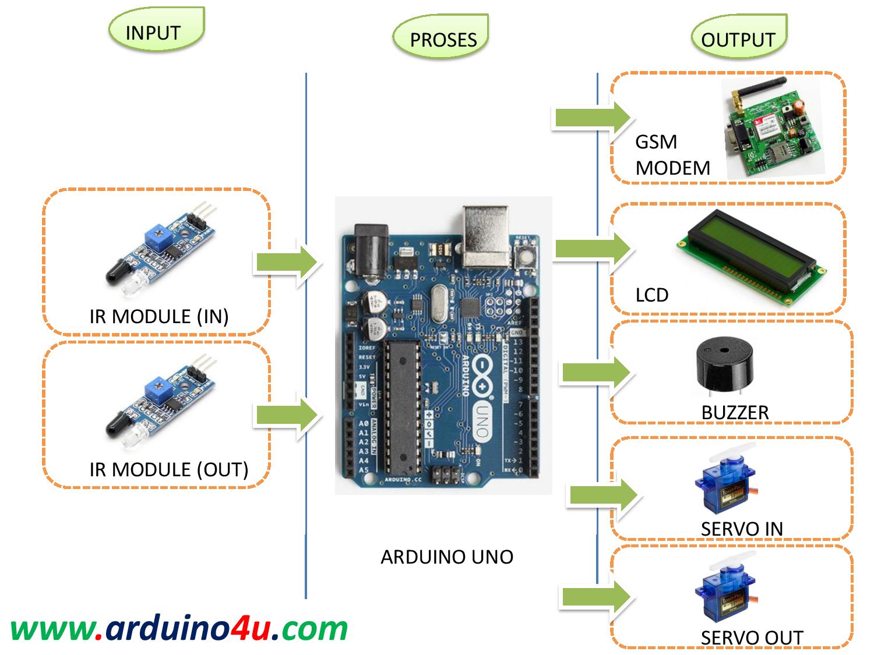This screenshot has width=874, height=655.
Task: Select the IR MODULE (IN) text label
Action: coord(158,316)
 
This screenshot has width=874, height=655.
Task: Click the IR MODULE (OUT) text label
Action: coord(168,469)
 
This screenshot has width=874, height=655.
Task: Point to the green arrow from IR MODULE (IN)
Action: coord(287,263)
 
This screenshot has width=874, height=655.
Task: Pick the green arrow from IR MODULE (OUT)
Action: coord(287,415)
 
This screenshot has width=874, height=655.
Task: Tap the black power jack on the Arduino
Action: coord(369,252)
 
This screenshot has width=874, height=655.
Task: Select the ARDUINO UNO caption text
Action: coord(447,557)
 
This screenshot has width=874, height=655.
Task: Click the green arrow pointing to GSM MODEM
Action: coord(592,117)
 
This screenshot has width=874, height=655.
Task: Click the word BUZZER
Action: coord(735,413)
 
